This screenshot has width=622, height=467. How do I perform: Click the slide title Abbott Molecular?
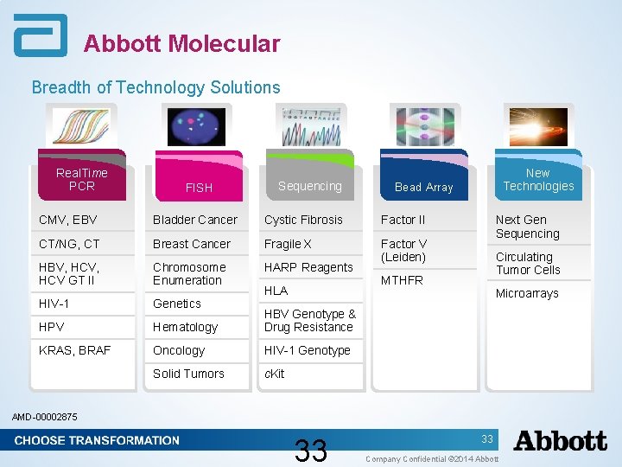(x=181, y=44)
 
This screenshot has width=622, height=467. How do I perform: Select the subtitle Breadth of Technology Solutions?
(x=155, y=87)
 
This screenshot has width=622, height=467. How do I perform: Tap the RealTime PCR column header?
(x=82, y=179)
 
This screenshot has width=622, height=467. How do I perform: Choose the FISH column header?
(x=199, y=187)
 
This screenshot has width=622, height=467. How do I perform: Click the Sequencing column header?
(x=309, y=186)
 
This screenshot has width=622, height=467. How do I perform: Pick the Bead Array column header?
(x=423, y=187)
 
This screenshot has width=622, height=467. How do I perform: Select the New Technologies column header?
(x=538, y=179)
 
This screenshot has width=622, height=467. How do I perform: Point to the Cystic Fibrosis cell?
(x=303, y=220)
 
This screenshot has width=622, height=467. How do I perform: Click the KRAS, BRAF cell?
(x=75, y=350)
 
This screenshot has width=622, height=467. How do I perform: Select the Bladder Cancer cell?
(x=194, y=220)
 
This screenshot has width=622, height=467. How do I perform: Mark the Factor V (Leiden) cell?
(x=403, y=250)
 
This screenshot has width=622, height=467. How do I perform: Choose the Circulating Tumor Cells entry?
(x=528, y=263)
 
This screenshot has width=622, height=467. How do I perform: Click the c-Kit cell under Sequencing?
(x=274, y=374)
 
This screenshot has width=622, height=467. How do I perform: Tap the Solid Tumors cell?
(x=188, y=374)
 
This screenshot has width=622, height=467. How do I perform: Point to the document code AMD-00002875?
(x=44, y=417)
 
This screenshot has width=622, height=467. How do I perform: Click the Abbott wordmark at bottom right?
(x=560, y=441)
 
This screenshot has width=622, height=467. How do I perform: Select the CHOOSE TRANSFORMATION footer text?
(x=97, y=440)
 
